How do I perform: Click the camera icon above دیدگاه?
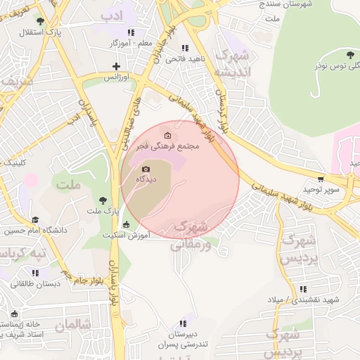146,169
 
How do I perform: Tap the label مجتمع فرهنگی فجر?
170,146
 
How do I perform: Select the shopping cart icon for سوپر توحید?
321,179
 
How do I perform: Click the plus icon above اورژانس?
117,67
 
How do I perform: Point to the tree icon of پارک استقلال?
40,22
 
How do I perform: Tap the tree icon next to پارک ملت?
104,200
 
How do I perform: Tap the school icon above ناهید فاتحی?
185,48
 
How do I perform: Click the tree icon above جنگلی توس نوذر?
350,55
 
